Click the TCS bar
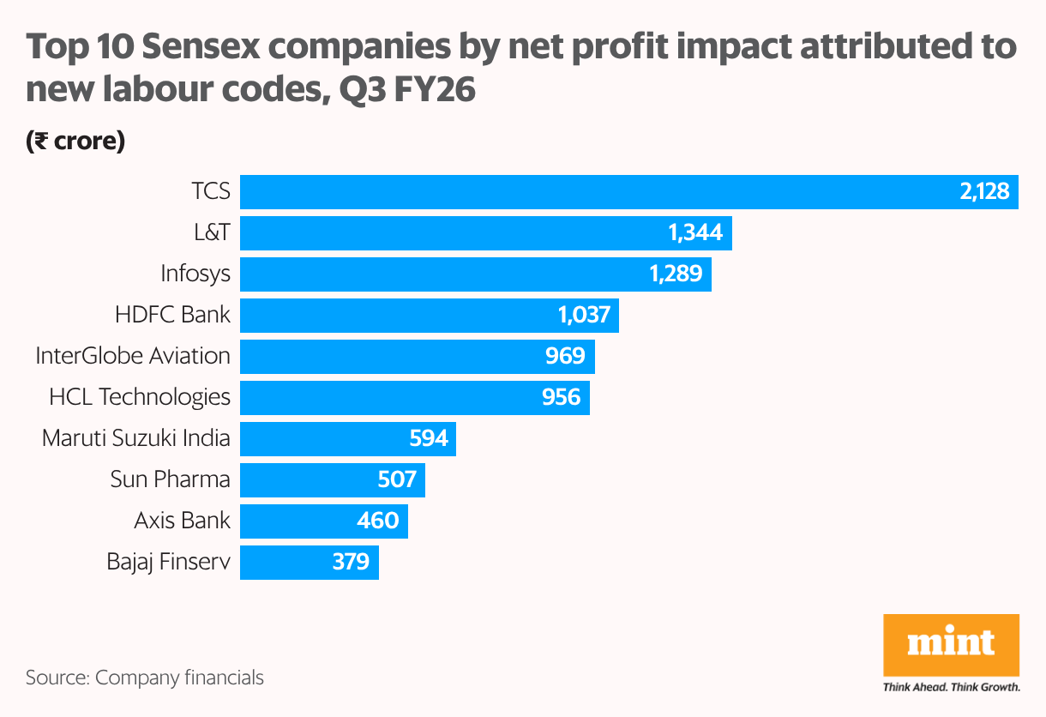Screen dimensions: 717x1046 coord(628,191)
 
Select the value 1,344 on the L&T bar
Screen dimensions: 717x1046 coord(694,232)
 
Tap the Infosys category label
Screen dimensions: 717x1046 coord(195,274)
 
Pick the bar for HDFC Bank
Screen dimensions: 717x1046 coord(429,315)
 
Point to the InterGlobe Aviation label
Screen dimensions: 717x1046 coord(133,356)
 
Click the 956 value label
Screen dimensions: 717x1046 coord(561,397)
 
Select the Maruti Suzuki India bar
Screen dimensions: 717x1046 coord(347,438)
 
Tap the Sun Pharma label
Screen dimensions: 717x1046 coord(170,479)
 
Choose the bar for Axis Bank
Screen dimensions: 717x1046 coord(323,521)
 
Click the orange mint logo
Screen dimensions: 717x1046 coord(951,645)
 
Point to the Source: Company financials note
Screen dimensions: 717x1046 coord(145,678)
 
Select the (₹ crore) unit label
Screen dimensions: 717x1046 coord(75,142)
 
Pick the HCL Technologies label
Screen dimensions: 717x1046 coord(140,397)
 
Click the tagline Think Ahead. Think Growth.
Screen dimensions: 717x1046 coord(951,687)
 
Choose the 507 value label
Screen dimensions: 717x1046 coord(397,479)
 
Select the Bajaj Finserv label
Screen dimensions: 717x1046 coord(168,562)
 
